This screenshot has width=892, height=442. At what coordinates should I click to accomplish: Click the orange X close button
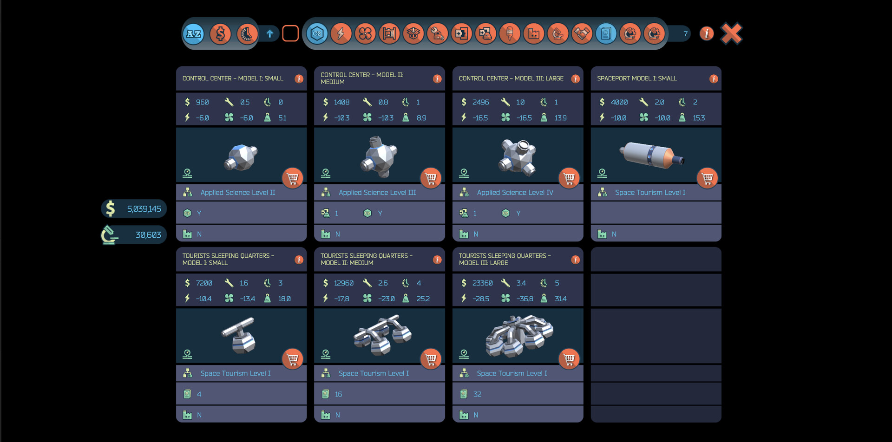click(731, 33)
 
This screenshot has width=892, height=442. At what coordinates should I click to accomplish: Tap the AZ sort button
click(194, 33)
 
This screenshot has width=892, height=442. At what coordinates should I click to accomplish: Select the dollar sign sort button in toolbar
click(220, 33)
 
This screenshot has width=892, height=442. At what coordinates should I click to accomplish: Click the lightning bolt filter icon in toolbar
click(341, 33)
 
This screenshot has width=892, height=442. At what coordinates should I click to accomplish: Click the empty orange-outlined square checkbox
click(290, 33)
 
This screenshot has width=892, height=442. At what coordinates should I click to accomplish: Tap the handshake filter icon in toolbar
click(582, 33)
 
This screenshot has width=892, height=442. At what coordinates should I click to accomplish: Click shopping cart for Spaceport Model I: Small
click(707, 178)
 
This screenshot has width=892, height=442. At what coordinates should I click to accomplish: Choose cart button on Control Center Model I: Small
click(292, 178)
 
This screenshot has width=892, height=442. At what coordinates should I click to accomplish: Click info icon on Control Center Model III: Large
click(575, 78)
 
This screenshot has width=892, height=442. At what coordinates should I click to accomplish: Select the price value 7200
click(204, 283)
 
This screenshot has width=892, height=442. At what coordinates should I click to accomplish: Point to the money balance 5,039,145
click(144, 209)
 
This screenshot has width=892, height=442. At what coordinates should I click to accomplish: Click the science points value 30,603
click(148, 235)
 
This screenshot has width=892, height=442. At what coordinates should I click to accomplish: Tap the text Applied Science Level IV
click(515, 192)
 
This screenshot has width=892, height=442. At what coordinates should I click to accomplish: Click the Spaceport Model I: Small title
click(636, 78)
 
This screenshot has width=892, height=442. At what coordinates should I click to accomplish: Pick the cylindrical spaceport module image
click(651, 154)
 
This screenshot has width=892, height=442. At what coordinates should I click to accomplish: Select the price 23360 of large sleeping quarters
click(482, 283)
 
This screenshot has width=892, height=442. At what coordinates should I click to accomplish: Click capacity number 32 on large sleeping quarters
click(477, 394)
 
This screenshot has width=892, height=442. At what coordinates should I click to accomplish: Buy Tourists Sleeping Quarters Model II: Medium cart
click(431, 358)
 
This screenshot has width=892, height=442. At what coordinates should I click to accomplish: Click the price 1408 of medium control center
click(341, 102)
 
